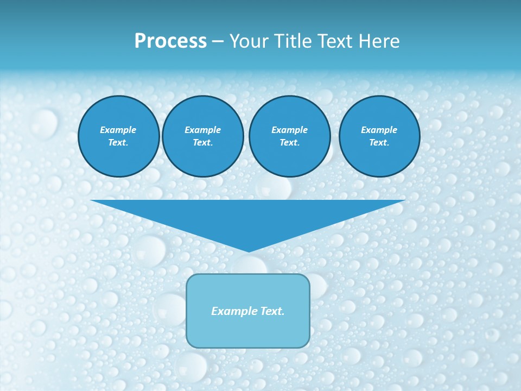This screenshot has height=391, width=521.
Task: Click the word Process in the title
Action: pyautogui.click(x=170, y=41)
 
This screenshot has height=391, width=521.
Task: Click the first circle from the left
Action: pyautogui.click(x=119, y=136)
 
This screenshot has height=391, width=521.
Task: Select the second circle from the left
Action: pyautogui.click(x=203, y=136)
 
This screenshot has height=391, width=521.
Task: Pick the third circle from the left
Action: pyautogui.click(x=289, y=136)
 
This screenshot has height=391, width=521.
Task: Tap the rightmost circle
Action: pyautogui.click(x=379, y=136)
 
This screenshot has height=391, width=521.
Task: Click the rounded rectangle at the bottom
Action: pyautogui.click(x=248, y=311)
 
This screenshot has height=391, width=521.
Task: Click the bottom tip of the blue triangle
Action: pyautogui.click(x=248, y=250)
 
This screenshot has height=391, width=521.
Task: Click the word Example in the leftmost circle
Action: pyautogui.click(x=118, y=130)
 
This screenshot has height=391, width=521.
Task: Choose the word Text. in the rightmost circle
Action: pyautogui.click(x=379, y=143)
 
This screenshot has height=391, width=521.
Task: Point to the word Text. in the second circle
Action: pyautogui.click(x=203, y=143)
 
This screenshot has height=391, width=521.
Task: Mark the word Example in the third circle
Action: pyautogui.click(x=289, y=130)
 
